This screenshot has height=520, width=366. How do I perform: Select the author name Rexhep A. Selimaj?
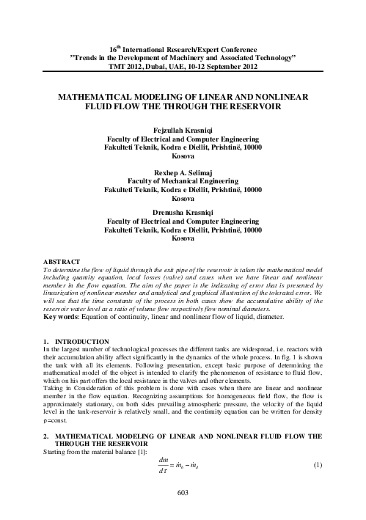coord(183,171)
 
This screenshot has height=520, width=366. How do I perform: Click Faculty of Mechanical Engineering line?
coord(183,180)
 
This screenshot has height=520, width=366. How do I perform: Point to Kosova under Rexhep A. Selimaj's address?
coord(183,197)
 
